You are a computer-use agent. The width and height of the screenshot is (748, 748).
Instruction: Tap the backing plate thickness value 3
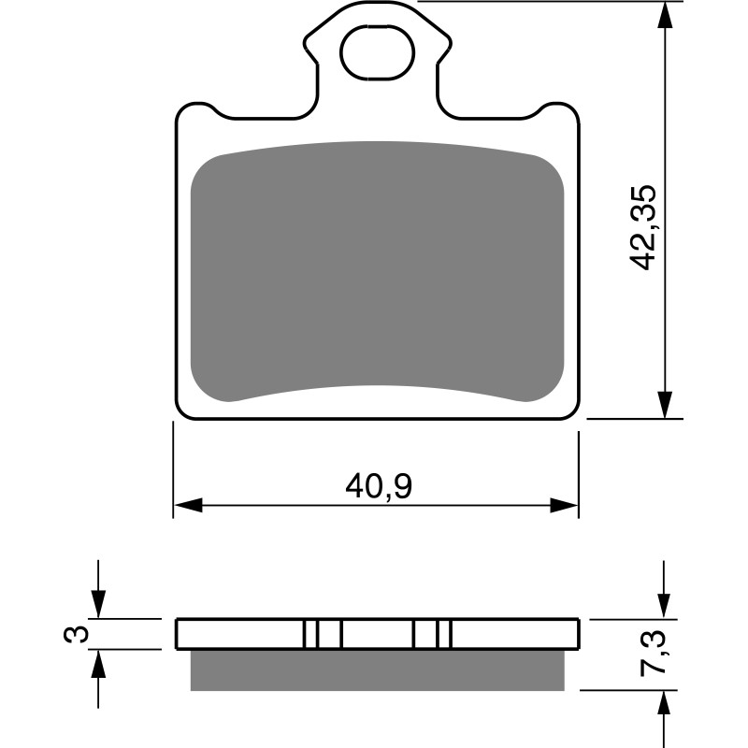coord(80,635)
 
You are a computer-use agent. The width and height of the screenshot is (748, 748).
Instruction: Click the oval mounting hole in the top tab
coord(377,53)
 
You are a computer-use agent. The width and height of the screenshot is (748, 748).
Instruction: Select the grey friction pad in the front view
coord(377,271)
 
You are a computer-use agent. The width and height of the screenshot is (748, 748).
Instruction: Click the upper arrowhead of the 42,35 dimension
coord(664,17)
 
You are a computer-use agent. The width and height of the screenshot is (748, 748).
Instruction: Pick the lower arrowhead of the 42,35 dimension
coord(664,404)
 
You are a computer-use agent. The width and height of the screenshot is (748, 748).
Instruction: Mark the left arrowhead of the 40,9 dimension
coord(189,506)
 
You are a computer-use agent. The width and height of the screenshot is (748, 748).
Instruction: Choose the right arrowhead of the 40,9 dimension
coord(564,506)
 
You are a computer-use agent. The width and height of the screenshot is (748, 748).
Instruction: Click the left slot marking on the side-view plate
coord(323,634)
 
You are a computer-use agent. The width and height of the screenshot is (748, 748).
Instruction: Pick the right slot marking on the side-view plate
coord(433,634)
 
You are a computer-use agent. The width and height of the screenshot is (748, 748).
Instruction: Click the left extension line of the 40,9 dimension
coord(174,467)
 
